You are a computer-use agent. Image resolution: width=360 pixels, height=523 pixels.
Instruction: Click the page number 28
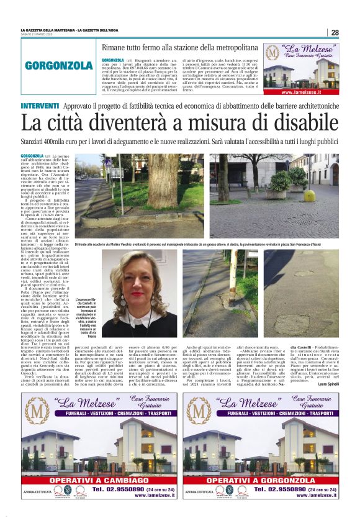[x=335, y=33]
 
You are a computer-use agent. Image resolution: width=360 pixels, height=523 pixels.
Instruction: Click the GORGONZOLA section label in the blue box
[x=59, y=65]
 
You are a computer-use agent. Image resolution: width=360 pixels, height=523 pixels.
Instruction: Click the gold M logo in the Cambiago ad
[x=42, y=412]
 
